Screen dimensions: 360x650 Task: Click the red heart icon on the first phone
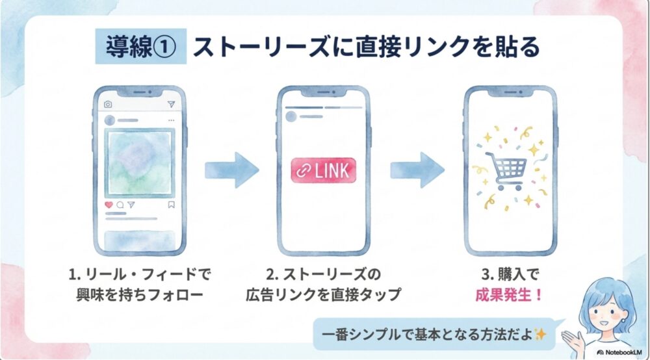pos(109,204)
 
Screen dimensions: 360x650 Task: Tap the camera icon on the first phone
pos(108,105)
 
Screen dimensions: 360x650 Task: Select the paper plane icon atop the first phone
pos(171,105)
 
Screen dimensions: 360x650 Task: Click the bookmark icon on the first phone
pos(171,204)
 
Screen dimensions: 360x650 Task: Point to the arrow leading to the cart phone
pos(417,171)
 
